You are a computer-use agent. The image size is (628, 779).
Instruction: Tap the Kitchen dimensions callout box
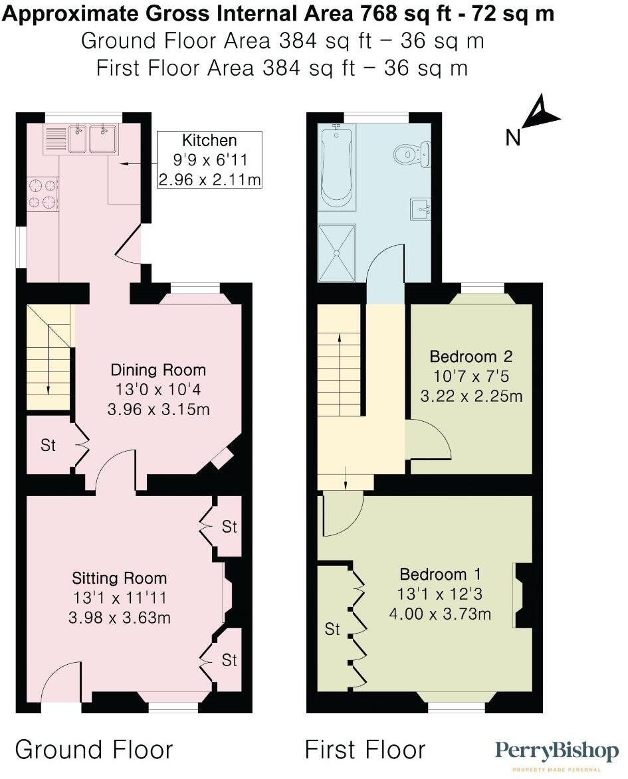coord(209,159)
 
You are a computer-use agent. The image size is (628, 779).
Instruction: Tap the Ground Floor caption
coord(94,750)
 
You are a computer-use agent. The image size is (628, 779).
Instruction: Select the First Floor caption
coord(365,750)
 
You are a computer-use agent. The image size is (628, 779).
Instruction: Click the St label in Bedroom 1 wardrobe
coord(332,628)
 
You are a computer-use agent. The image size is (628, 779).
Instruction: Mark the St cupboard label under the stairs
coord(48,446)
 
